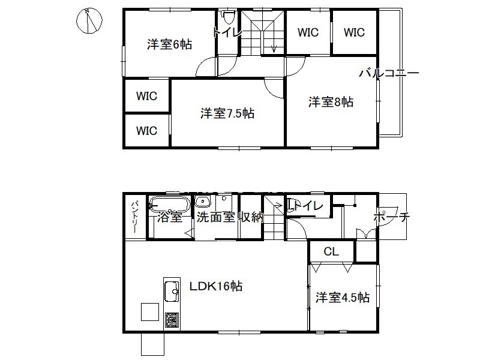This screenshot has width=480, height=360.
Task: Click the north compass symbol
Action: point(89,20)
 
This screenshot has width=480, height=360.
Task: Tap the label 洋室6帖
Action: point(169,44)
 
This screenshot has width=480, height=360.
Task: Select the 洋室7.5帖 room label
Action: point(227,113)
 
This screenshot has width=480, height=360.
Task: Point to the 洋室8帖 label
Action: point(331,101)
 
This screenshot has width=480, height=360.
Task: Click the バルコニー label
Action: point(389,73)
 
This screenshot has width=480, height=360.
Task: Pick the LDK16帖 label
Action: point(216,286)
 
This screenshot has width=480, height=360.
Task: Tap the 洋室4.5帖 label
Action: point(343,297)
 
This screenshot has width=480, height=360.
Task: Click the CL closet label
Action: point(331,251)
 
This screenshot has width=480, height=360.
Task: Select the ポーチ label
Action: point(392,217)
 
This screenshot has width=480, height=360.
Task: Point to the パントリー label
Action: point(134,217)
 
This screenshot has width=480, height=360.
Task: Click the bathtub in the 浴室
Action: point(169,203)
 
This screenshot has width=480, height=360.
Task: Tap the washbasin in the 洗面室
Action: point(203,202)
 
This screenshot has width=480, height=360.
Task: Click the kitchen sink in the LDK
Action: point(172,292)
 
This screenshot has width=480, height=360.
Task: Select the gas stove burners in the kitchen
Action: point(172,320)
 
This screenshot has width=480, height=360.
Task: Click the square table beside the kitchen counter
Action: point(150,311)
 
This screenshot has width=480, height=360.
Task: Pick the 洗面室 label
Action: point(215,217)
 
